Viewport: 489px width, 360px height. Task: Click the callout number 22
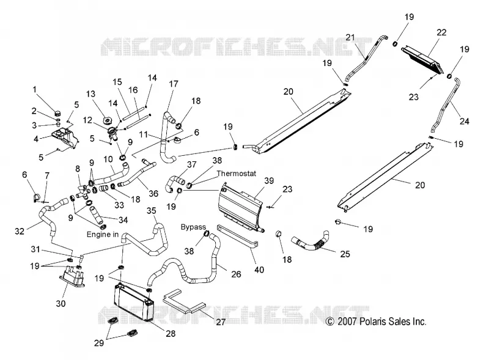[441, 32]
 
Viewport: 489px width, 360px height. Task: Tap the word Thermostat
[237, 174]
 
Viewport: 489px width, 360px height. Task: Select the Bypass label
[193, 227]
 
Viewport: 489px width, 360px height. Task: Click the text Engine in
[103, 235]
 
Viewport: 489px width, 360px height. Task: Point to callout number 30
[61, 303]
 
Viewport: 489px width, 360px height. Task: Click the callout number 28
[171, 334]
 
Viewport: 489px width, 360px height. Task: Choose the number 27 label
[221, 322]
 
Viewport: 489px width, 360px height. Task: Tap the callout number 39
[269, 181]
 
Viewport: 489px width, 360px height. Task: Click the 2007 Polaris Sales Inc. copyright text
[376, 321]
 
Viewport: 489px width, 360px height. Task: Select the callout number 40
[259, 270]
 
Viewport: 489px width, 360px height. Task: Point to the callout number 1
[35, 90]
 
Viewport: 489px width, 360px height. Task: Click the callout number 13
[90, 94]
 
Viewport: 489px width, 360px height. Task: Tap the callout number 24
[465, 121]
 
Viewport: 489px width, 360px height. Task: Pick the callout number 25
[345, 254]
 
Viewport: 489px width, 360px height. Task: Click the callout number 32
[20, 231]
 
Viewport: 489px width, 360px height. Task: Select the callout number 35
[151, 211]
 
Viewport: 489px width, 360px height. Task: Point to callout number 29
[99, 343]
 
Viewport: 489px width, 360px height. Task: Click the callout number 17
[174, 84]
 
